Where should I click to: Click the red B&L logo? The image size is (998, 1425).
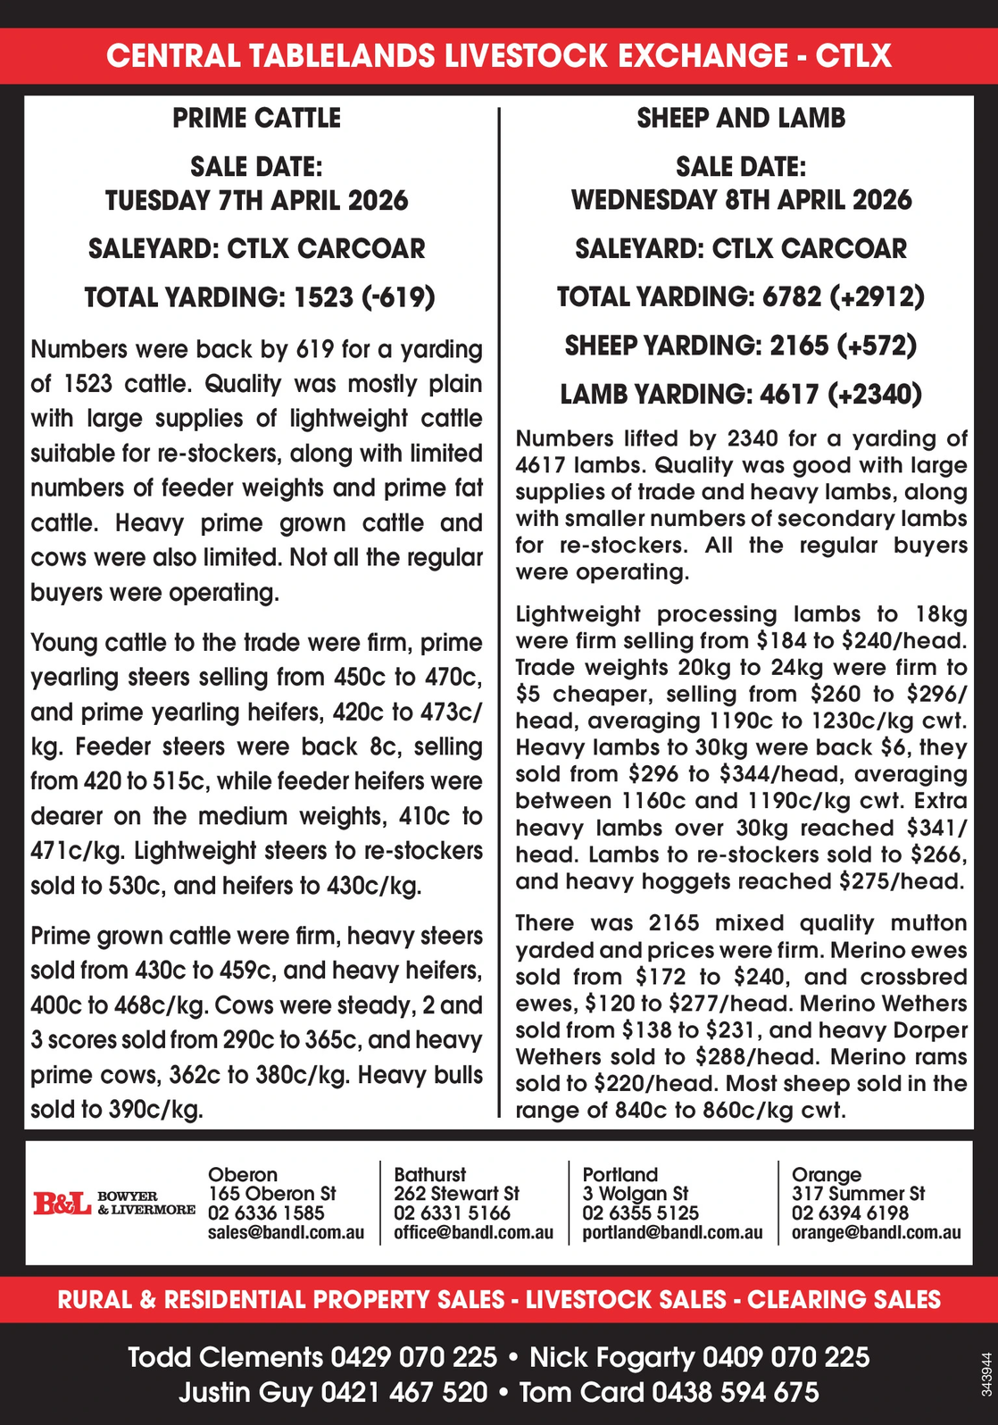pos(62,1204)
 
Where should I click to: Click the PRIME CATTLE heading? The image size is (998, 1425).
pos(257,118)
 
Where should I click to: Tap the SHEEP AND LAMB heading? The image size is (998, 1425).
pos(741,118)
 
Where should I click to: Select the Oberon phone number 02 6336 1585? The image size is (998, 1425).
pos(266,1213)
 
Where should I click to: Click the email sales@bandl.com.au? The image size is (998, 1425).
pos(286,1233)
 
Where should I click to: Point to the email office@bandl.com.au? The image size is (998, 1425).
pos(473,1233)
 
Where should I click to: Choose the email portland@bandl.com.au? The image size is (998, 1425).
pos(672,1233)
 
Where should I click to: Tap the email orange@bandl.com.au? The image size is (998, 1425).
pos(876,1233)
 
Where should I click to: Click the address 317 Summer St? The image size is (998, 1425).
pos(858,1194)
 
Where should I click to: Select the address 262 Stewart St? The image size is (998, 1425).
pos(456,1194)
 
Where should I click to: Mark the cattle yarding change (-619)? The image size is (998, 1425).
pos(399,296)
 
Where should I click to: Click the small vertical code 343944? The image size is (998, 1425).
pos(986,1375)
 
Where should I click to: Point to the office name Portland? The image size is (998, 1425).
pos(620,1174)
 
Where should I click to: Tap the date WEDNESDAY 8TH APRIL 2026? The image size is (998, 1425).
pos(741,199)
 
